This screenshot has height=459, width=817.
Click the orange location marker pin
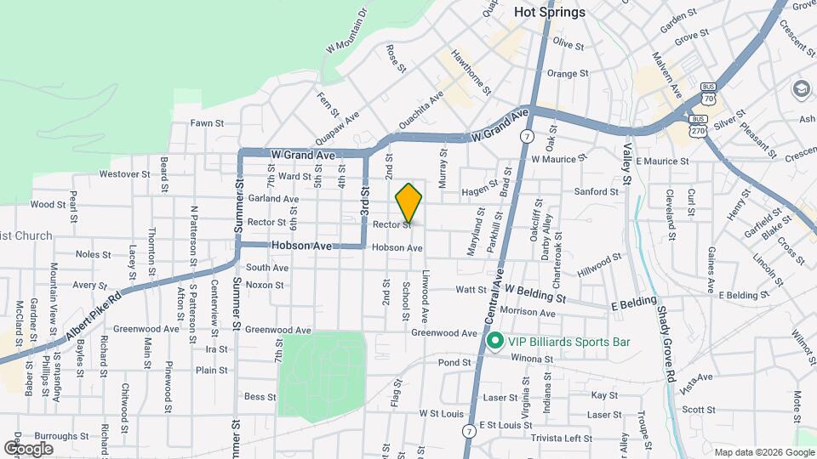point(409,203)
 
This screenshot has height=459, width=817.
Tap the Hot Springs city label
point(551,12)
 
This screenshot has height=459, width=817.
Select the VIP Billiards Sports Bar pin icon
point(494,342)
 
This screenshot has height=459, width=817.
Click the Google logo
point(29,448)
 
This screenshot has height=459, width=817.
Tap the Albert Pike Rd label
point(94,314)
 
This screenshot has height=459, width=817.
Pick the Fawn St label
point(207,123)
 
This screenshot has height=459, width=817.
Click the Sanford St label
point(596,192)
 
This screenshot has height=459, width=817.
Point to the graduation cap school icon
point(801,88)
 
